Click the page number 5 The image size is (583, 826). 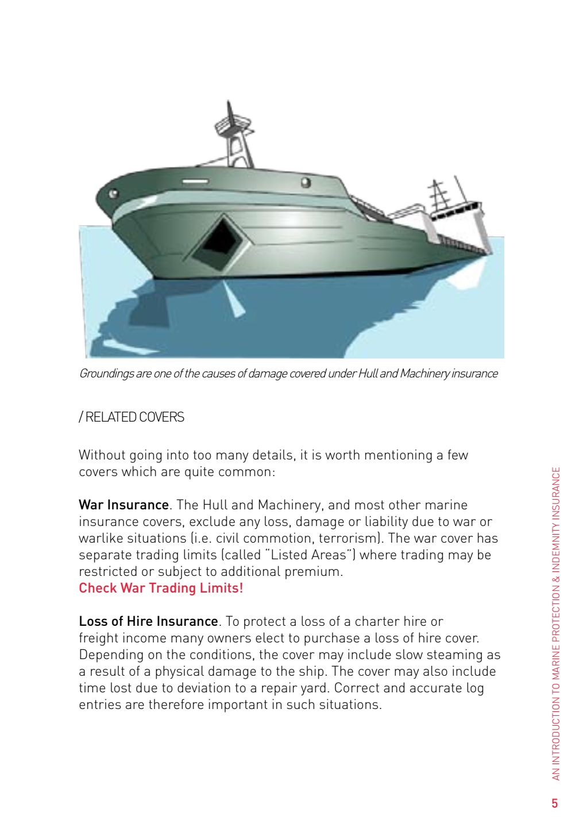click(x=554, y=803)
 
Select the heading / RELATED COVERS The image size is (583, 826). click(x=132, y=418)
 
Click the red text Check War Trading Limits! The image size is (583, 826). click(x=161, y=588)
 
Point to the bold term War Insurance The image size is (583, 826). click(x=123, y=505)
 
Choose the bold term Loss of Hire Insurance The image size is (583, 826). click(x=148, y=621)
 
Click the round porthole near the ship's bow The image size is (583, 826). click(x=115, y=194)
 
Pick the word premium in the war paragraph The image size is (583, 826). click(x=317, y=571)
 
